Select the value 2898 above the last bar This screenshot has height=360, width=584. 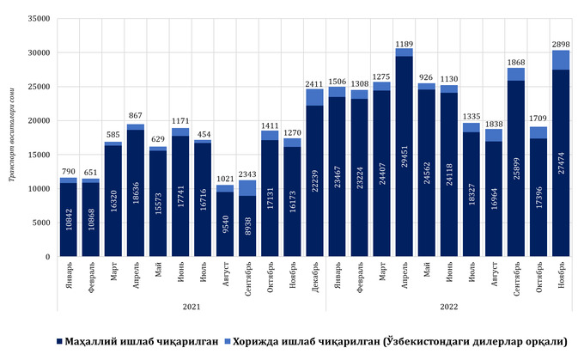pos(560,44)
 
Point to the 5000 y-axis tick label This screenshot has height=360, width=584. pos(40,223)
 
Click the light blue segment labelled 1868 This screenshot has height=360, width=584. pos(515,74)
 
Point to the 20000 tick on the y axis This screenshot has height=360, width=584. pos(37,120)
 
